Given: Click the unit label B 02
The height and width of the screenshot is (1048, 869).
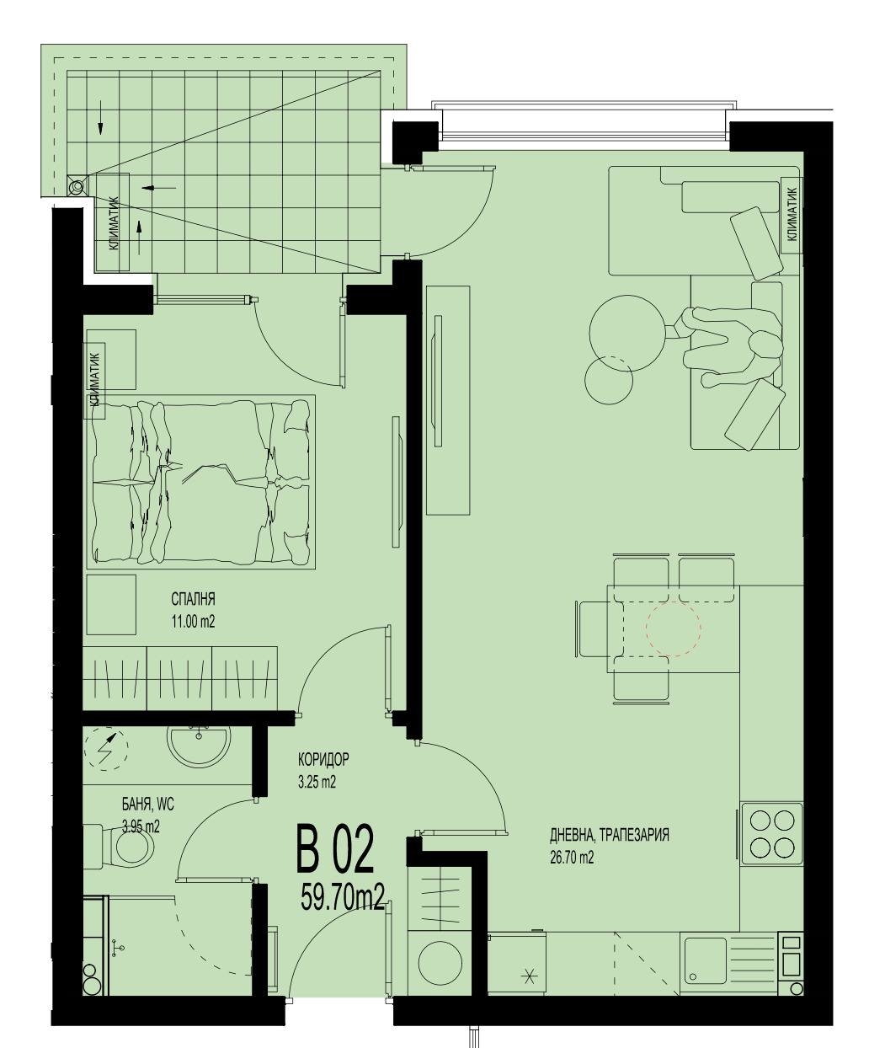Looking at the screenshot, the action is [x=335, y=848].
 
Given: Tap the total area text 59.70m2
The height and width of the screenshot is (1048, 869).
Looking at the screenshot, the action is [x=343, y=897].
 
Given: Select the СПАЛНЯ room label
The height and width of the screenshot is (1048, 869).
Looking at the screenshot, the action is [x=193, y=599].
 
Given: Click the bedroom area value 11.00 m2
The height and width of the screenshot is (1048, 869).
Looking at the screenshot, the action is [x=193, y=622].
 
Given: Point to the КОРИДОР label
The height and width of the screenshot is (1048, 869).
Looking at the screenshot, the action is [x=323, y=759].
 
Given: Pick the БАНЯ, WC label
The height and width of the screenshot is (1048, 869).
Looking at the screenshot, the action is [x=148, y=805].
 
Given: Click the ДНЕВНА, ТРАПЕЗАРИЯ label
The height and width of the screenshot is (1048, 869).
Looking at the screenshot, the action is [x=610, y=835].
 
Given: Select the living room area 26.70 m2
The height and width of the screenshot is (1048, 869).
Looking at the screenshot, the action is [x=572, y=858].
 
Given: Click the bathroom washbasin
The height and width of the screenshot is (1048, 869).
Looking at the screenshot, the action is [x=200, y=746].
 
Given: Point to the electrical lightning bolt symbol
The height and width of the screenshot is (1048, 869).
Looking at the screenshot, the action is [x=106, y=749].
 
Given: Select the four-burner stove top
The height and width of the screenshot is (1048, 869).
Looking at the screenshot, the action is [x=772, y=833].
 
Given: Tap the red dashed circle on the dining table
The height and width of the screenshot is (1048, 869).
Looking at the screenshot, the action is [x=674, y=628].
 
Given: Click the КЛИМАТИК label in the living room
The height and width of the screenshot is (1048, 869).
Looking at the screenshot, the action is [x=792, y=214].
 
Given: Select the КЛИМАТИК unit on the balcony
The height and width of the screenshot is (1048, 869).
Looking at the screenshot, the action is [x=113, y=222].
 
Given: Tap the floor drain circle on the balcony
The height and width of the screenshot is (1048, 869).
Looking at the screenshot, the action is [x=77, y=187].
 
